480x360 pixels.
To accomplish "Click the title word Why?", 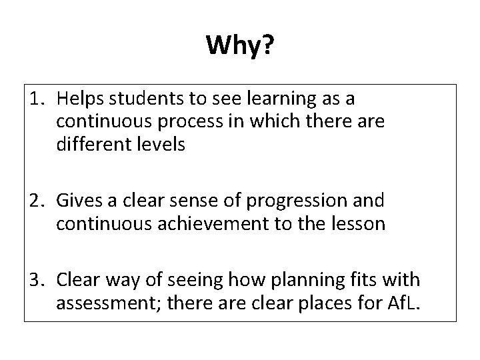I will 239,46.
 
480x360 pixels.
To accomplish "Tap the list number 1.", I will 37,99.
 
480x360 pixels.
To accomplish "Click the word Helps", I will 78,99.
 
